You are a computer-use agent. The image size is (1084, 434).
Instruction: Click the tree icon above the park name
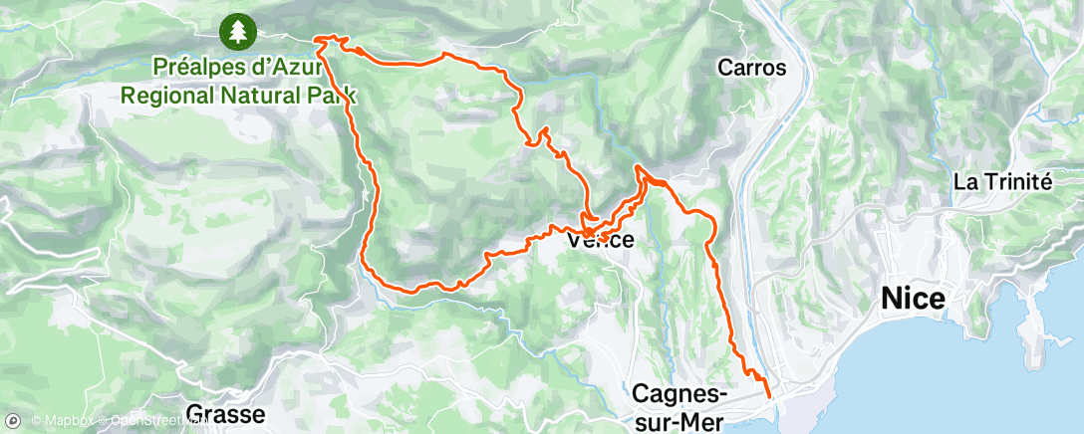(x=237, y=31)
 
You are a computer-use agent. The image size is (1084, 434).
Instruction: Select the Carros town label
(x=752, y=69)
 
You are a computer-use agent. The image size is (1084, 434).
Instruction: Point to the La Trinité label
(x=1002, y=182)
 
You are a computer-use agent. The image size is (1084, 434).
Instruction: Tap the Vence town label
(x=600, y=241)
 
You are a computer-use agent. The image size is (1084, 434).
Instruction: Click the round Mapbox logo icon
(x=14, y=422)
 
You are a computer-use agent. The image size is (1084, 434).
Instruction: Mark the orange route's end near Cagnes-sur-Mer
(x=769, y=397)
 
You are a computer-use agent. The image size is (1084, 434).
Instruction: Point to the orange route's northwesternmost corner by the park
(x=317, y=40)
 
